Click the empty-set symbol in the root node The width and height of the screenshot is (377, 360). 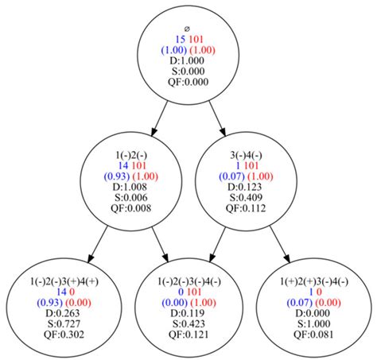coord(188,28)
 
